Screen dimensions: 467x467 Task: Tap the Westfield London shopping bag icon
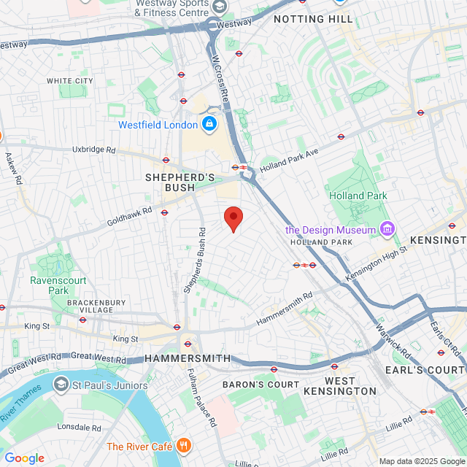coord(209,125)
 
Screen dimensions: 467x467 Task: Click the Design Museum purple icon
coord(387,230)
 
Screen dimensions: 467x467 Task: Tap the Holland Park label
coord(358,196)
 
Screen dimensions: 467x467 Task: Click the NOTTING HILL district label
coord(313,19)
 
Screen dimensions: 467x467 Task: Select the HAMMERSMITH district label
coord(188,359)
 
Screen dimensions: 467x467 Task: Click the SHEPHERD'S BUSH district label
coord(180,182)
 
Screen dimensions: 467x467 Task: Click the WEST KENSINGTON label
coord(350,386)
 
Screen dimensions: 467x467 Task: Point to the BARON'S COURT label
coord(260,385)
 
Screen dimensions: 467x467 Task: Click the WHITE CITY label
coord(69,80)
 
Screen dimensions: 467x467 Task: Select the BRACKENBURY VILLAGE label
coord(96,306)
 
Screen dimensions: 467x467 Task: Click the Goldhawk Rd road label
coord(129,215)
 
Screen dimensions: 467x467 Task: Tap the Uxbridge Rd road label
coord(94,150)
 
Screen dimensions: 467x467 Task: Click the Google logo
coord(24,458)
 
